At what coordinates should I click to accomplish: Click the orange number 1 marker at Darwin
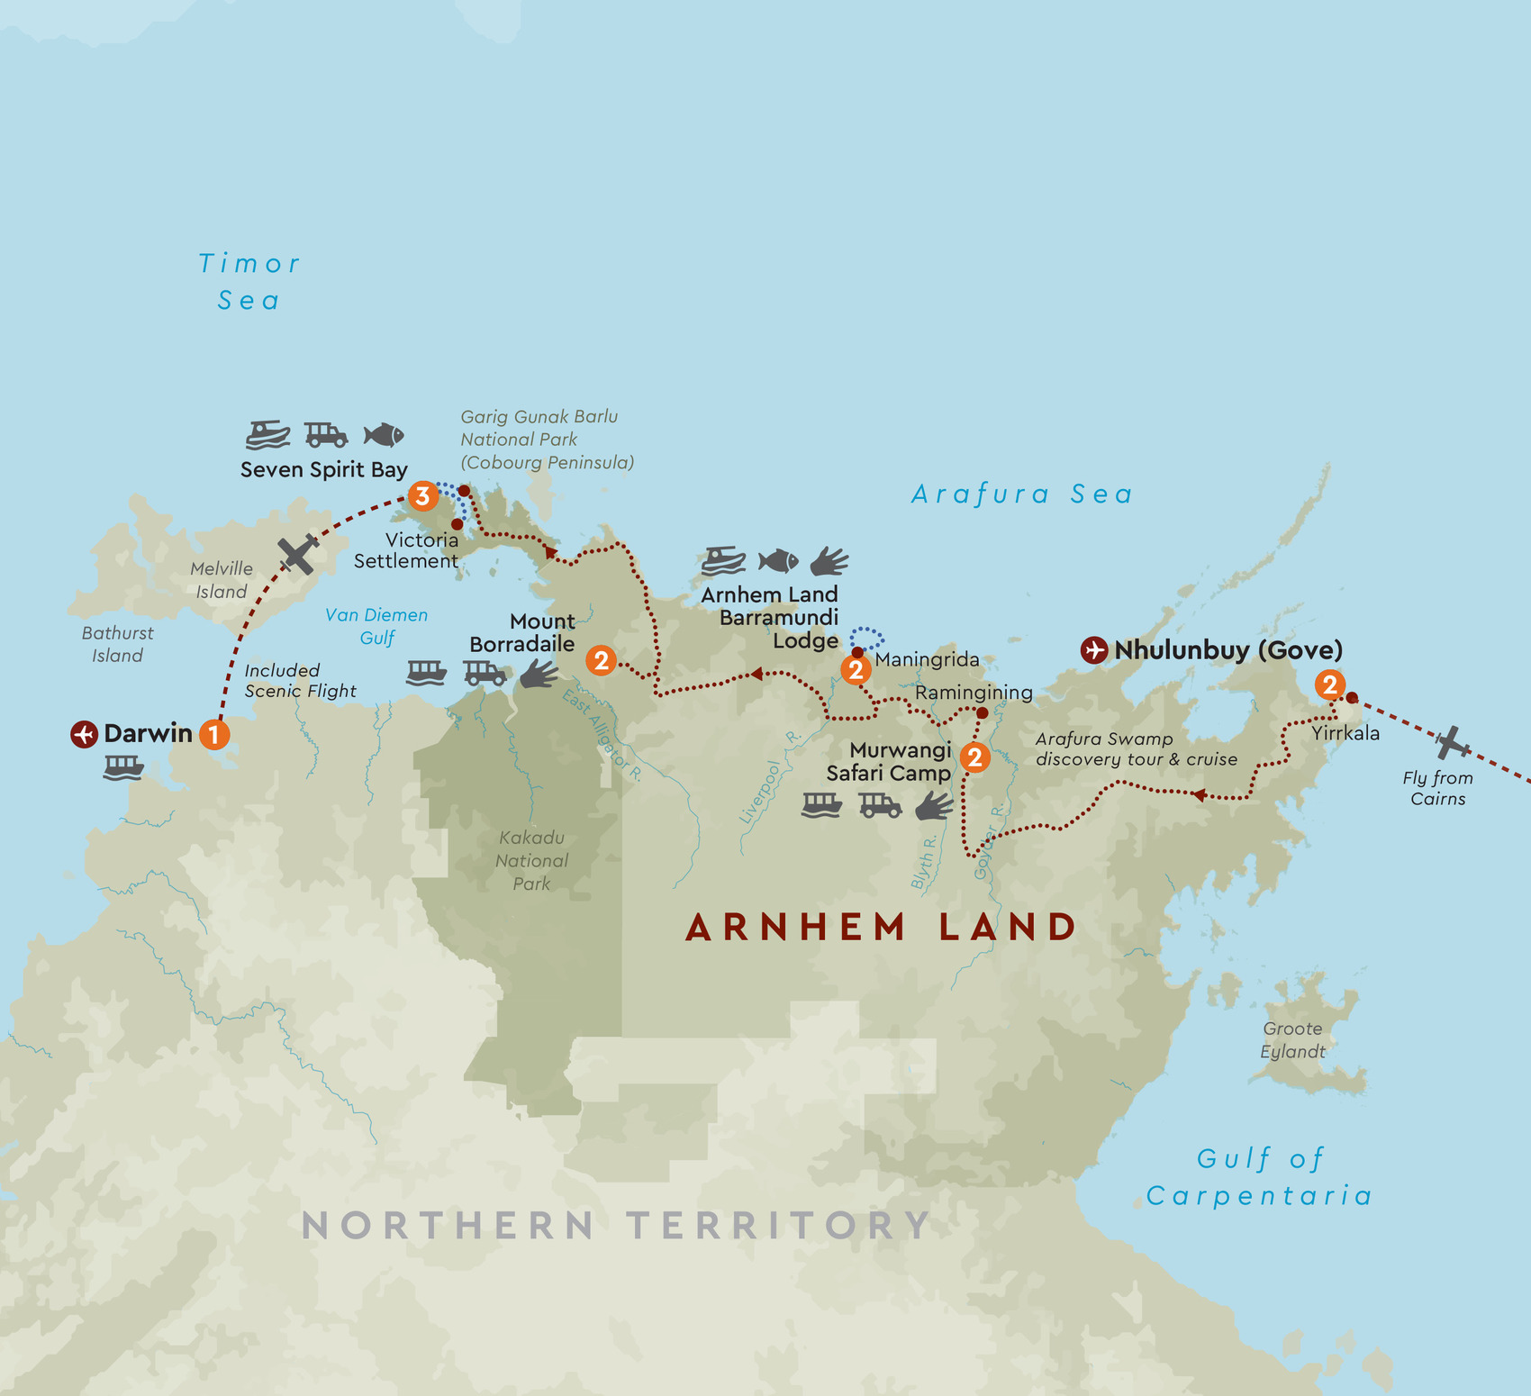[x=213, y=734]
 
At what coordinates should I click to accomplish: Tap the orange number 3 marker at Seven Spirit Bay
[x=422, y=495]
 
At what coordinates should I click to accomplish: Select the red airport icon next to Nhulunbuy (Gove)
[x=1094, y=649]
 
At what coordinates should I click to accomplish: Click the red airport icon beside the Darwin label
[x=84, y=734]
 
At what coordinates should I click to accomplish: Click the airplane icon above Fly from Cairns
[x=1451, y=743]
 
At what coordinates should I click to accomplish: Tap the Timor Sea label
[x=249, y=282]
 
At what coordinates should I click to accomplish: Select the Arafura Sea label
[x=1021, y=494]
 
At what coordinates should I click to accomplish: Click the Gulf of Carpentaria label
[x=1259, y=1177]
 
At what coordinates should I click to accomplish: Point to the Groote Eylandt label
[x=1292, y=1040]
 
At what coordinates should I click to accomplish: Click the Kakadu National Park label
[x=531, y=860]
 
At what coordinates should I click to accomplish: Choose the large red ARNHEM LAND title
[x=881, y=927]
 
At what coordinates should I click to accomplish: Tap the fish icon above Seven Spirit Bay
[x=384, y=435]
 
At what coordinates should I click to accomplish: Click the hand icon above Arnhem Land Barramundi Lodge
[x=829, y=561]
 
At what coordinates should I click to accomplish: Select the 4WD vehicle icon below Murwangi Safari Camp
[x=880, y=805]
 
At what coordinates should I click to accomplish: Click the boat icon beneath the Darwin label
[x=123, y=767]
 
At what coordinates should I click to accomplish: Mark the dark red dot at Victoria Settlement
[x=457, y=524]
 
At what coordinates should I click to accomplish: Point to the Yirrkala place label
[x=1345, y=733]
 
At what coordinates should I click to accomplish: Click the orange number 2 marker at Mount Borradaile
[x=601, y=660]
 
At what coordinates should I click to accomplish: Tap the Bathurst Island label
[x=117, y=644]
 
